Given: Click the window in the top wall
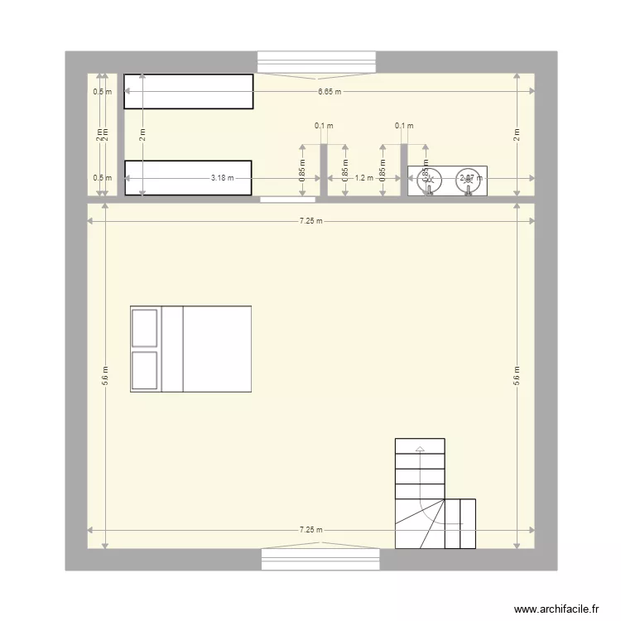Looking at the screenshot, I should tap(318, 63).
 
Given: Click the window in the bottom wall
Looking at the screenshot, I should tap(320, 560).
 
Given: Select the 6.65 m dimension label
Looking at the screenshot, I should tap(328, 92).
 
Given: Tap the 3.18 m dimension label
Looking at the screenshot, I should tap(222, 178).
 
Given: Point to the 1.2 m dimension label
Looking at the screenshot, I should tap(362, 178).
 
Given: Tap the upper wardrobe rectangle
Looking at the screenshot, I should tap(189, 91).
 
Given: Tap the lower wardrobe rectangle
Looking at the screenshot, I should tap(189, 178).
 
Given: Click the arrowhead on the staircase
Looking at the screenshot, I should tap(420, 450).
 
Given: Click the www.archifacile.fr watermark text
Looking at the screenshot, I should tap(556, 608).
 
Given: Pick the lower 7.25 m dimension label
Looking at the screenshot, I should tap(311, 530).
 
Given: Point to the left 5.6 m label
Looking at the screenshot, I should tap(105, 374).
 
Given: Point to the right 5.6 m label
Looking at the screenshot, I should tap(516, 374).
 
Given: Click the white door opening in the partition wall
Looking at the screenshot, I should tap(287, 200).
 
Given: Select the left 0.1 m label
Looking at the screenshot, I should tap(323, 127).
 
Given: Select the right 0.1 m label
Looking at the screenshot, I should tap(404, 127).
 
